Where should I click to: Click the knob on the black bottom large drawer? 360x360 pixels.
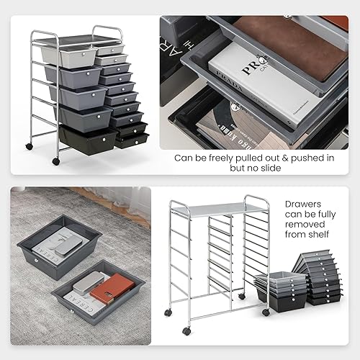click(106, 137)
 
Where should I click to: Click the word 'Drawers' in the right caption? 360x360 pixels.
click(302, 204)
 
